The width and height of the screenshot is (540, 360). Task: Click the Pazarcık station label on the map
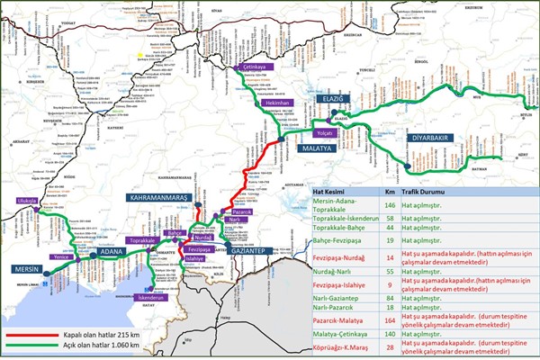[247, 212]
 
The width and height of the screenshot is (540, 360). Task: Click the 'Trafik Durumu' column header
[438, 193]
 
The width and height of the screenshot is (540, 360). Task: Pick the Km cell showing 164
[389, 319]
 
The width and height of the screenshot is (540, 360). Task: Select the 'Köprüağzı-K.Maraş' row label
[344, 347]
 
